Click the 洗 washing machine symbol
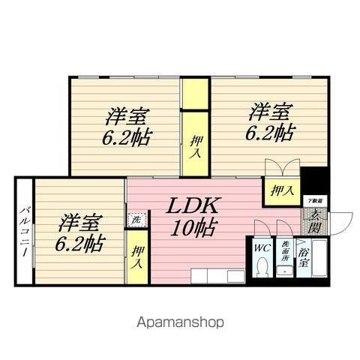point(136,220)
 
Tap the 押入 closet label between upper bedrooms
point(195,142)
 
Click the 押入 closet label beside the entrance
point(281,191)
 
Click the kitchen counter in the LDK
point(217,275)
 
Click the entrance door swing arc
point(342,223)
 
